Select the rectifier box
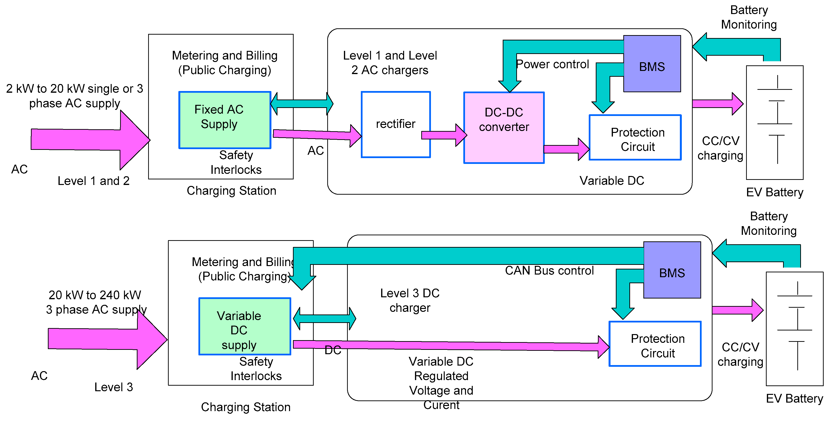pyautogui.click(x=395, y=124)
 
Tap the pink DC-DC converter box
pyautogui.click(x=504, y=127)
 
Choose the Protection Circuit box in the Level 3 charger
pyautogui.click(x=655, y=344)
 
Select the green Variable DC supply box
pyautogui.click(x=244, y=326)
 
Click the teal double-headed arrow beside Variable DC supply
pyautogui.click(x=324, y=319)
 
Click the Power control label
pyautogui.click(x=552, y=64)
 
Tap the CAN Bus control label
pyautogui.click(x=549, y=270)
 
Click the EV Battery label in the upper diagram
pyautogui.click(x=774, y=192)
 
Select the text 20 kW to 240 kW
pyautogui.click(x=95, y=295)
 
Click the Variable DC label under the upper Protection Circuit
pyautogui.click(x=611, y=181)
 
